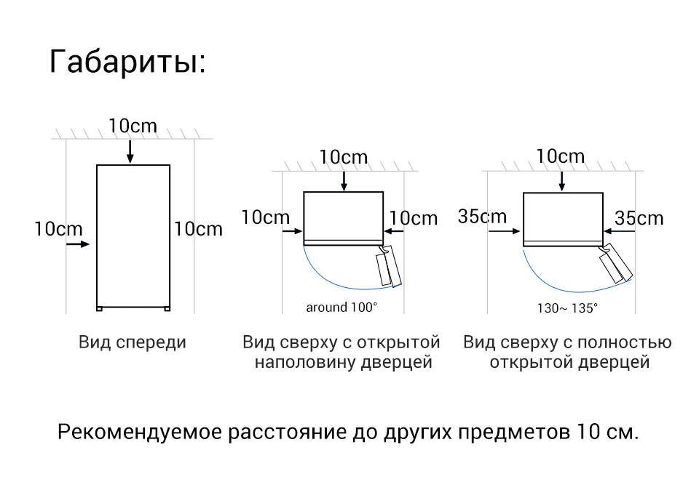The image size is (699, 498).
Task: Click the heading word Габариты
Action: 127,63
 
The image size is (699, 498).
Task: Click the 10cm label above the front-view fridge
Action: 133,126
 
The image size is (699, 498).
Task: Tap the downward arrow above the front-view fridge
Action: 130,151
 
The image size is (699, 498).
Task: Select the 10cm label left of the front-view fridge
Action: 58,229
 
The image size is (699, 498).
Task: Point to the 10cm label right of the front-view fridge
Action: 198,229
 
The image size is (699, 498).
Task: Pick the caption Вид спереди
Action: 133,342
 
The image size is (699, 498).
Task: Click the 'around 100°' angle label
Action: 342,308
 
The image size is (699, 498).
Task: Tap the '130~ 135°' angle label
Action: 568,308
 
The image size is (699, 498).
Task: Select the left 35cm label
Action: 482,216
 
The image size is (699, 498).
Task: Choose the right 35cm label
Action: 639,218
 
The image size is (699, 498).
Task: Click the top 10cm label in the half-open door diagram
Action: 344,157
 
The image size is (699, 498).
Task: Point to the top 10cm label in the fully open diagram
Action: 561,156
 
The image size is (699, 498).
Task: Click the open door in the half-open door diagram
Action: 388,267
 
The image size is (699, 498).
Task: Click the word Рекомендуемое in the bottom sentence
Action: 140,432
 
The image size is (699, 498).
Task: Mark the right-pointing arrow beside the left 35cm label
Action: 505,232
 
